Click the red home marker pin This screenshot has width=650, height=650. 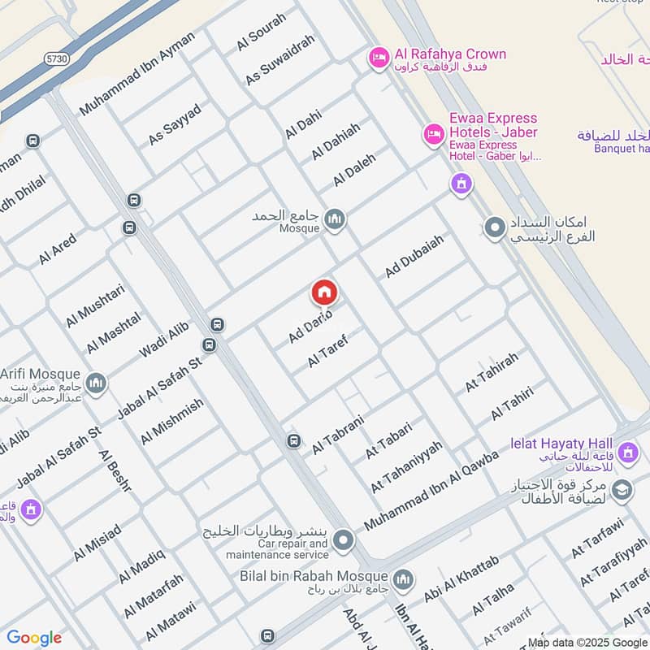tap(324, 292)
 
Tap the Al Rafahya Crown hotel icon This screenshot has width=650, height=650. tap(378, 56)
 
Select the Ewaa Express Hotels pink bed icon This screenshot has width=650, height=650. tap(432, 132)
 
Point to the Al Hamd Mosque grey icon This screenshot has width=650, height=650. tap(334, 219)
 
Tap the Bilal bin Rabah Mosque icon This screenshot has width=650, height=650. tap(404, 580)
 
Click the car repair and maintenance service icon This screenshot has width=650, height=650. tap(344, 539)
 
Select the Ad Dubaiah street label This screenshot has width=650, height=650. tap(414, 258)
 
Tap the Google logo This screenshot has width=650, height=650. tap(34, 638)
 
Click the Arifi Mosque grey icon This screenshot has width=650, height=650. tap(97, 383)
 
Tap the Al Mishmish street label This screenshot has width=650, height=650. tap(171, 422)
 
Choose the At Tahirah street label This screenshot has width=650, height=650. tap(491, 374)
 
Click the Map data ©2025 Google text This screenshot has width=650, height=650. tap(587, 642)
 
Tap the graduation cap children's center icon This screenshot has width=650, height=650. tap(622, 490)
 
